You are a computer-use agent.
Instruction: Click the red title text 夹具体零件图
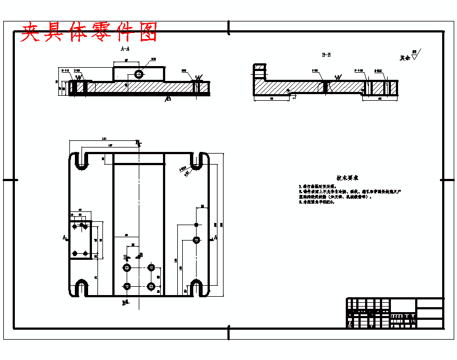(x=89, y=32)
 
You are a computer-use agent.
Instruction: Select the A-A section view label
(x=125, y=49)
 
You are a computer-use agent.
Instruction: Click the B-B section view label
(x=326, y=55)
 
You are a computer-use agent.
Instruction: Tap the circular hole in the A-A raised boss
(x=138, y=73)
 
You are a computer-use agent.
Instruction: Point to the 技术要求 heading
(x=347, y=178)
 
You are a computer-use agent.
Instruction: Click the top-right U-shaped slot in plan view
(x=197, y=160)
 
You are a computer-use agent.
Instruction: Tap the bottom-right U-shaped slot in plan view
(x=197, y=287)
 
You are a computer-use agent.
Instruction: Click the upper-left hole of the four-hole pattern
(x=127, y=268)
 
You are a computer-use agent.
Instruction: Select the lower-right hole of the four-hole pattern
(x=151, y=286)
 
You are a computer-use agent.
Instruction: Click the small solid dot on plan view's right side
(x=197, y=225)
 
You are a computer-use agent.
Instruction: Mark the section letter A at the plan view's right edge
(x=215, y=237)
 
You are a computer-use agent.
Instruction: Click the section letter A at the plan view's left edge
(x=64, y=238)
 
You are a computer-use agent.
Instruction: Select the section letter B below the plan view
(x=124, y=303)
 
